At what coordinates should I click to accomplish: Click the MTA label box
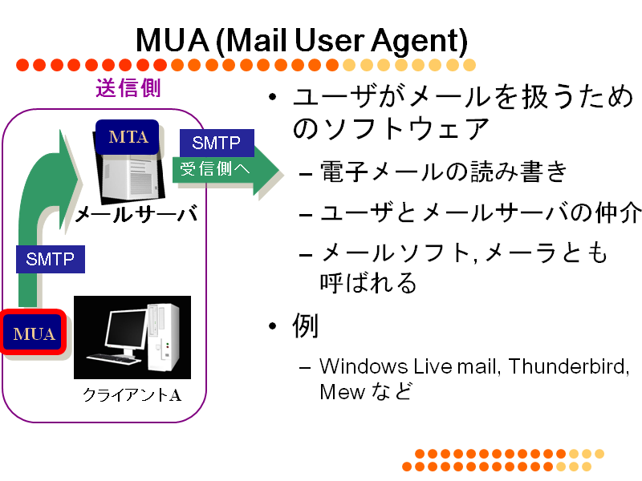[x=127, y=136]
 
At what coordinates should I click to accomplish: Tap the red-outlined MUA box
[x=34, y=332]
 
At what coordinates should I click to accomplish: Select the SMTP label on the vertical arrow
[x=51, y=259]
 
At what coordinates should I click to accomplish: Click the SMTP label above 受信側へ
[x=217, y=143]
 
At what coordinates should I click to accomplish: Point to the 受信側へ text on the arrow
[x=215, y=168]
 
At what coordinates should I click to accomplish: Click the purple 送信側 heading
[x=128, y=88]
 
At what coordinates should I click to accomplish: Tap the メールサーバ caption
[x=136, y=213]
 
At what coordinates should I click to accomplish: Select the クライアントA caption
[x=132, y=394]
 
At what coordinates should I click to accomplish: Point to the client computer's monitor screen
[x=125, y=329]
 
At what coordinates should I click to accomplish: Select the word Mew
[x=342, y=391]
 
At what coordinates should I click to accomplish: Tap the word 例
[x=305, y=326]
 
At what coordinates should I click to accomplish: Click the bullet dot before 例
[x=273, y=326]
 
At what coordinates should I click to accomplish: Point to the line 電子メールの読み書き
[x=444, y=172]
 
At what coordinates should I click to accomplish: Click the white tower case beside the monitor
[x=163, y=336]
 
